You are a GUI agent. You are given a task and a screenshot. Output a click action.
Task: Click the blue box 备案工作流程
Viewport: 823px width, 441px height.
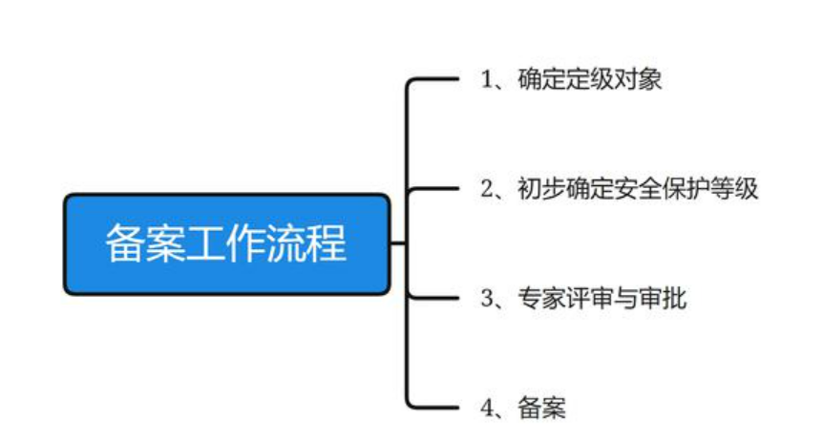(226, 244)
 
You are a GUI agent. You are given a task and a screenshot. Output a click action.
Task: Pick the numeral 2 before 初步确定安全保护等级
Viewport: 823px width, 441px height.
(486, 190)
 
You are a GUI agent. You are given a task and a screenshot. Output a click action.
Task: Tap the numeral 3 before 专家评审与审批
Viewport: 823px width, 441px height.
(486, 300)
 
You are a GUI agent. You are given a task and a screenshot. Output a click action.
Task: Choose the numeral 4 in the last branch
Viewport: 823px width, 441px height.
(486, 409)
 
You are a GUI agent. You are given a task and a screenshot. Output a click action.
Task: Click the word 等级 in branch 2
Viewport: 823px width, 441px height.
(735, 190)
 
